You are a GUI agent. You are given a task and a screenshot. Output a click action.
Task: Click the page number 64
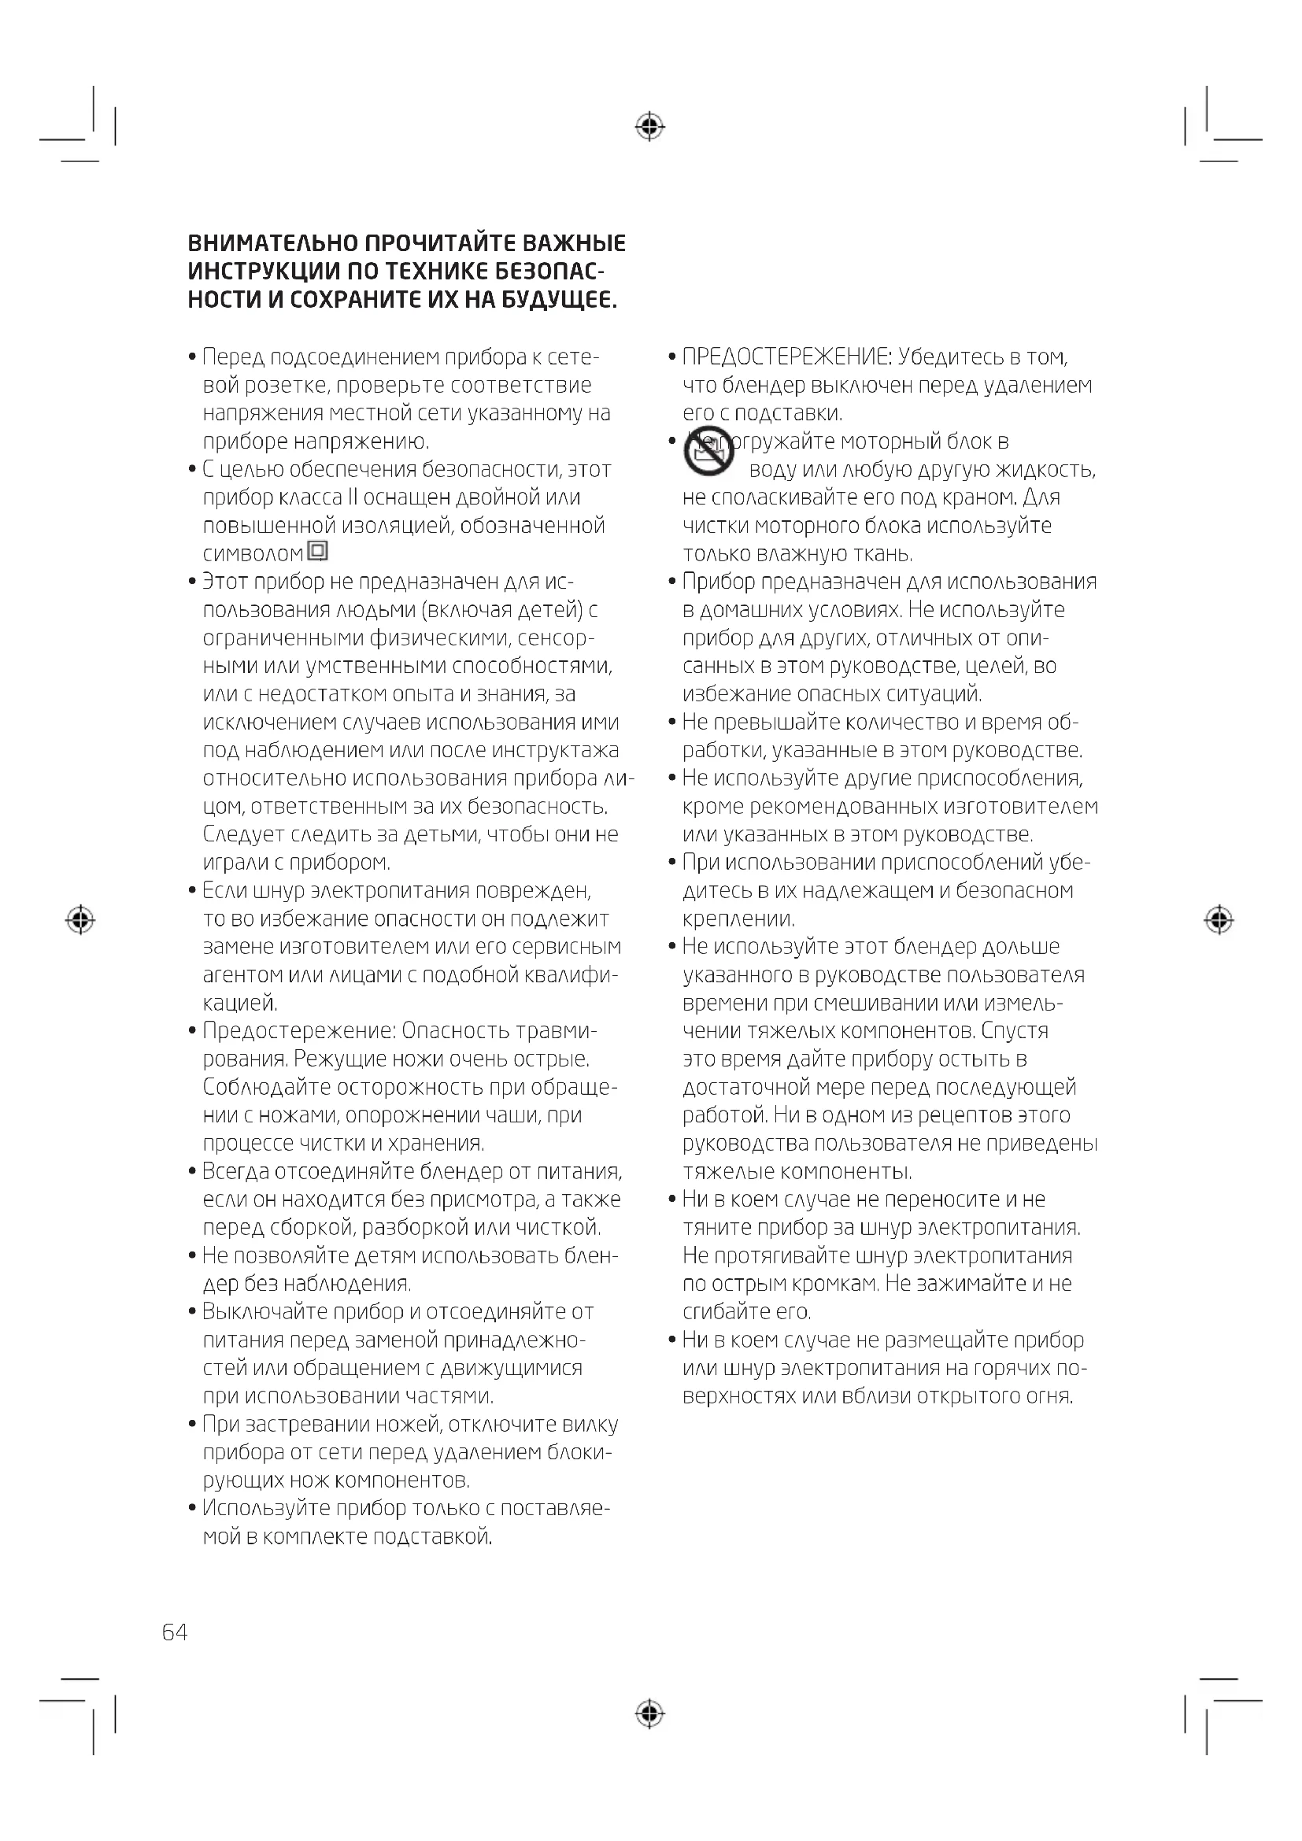175,1632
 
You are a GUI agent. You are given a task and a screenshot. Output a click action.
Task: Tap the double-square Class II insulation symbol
318,552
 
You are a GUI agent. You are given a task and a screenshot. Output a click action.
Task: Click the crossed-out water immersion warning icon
708,453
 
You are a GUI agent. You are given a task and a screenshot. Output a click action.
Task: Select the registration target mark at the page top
649,127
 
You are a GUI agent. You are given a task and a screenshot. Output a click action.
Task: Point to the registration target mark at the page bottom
649,1714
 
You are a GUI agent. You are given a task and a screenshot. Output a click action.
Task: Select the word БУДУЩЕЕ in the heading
559,301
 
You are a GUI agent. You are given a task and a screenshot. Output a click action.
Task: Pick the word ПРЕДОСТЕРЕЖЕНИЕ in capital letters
786,357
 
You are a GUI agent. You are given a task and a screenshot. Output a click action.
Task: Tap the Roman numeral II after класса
353,498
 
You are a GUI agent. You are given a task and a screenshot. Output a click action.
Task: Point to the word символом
253,554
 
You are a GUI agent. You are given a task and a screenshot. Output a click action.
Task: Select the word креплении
738,919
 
